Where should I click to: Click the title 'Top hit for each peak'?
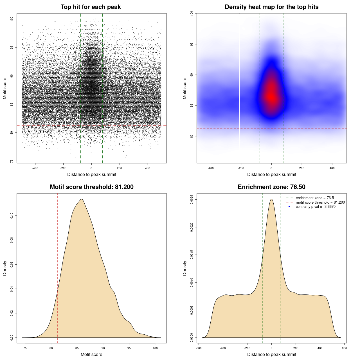(x=91, y=7)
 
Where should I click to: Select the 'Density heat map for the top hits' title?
(x=271, y=7)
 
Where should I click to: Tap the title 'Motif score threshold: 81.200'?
(x=91, y=187)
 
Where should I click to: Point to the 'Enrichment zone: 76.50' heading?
(x=271, y=187)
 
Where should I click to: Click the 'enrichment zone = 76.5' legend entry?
(x=315, y=198)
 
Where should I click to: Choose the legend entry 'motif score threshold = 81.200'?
(x=320, y=202)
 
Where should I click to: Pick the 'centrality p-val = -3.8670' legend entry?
(x=316, y=207)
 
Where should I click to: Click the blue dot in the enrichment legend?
(x=289, y=207)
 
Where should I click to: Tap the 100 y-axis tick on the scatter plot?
(x=12, y=19)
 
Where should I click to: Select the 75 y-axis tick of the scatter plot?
(x=12, y=161)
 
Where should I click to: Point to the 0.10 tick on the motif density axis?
(x=12, y=216)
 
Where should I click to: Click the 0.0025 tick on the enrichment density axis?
(x=192, y=200)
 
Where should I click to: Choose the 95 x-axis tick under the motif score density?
(x=129, y=348)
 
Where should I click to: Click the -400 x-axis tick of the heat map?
(x=211, y=168)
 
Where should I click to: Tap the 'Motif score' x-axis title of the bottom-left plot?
(x=91, y=354)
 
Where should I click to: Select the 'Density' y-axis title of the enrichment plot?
(x=185, y=268)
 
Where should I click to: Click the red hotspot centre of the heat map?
(x=271, y=97)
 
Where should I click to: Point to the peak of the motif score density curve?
(x=82, y=199)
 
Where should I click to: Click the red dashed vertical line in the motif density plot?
(x=57, y=267)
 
